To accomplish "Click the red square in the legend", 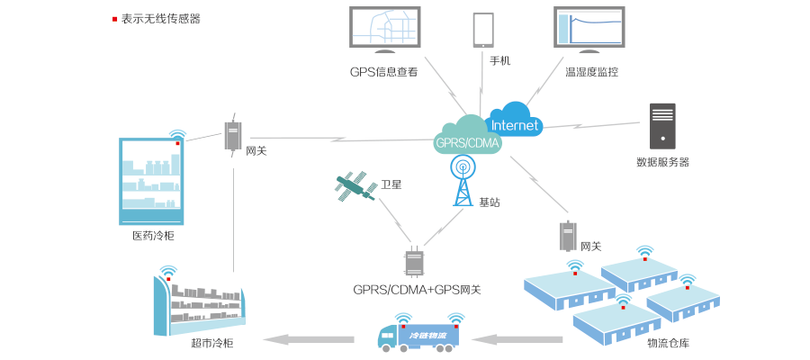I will (114, 19).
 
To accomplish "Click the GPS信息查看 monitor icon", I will (384, 29).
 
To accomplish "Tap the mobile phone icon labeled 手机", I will (484, 29).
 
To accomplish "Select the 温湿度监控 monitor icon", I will (589, 29).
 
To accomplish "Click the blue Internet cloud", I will (514, 121).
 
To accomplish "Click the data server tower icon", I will (662, 126).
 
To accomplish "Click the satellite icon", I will (355, 187).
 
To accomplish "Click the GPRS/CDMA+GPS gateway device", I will (414, 261).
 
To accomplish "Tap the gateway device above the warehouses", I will (568, 236).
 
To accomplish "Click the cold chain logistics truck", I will (418, 335).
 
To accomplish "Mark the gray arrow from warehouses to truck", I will (517, 339).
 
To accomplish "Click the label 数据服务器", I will (662, 162).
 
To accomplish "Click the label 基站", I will (490, 202).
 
